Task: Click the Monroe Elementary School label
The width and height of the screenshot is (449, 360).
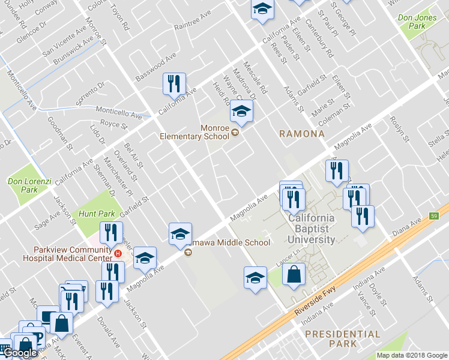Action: tap(194, 132)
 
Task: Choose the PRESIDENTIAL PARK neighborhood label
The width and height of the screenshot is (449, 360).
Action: tap(342, 338)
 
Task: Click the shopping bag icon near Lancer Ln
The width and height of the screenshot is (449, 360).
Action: tap(294, 275)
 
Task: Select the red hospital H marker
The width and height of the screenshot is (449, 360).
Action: tap(118, 253)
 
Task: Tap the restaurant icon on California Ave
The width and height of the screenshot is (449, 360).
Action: tap(175, 83)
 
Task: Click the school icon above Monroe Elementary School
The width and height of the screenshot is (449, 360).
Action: tap(241, 111)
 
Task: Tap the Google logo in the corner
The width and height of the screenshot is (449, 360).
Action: tap(19, 353)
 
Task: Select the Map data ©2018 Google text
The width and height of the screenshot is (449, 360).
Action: tap(412, 355)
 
